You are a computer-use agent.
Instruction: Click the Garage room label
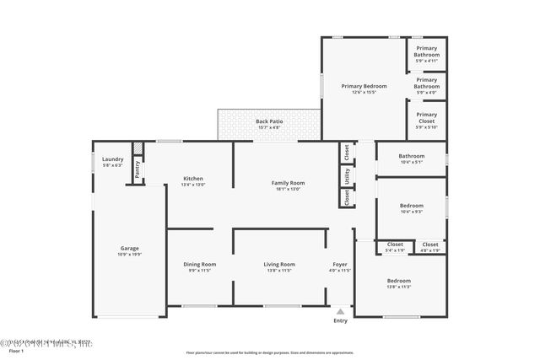[x=129, y=249]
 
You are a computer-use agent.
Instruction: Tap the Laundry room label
[x=113, y=159]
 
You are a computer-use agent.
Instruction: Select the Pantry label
[x=137, y=169]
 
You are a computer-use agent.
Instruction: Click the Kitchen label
[x=193, y=178]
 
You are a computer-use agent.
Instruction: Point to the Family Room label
[x=288, y=183]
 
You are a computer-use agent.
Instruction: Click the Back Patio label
[x=268, y=122]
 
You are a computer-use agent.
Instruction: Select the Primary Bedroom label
[x=364, y=86]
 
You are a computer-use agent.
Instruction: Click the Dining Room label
[x=200, y=265]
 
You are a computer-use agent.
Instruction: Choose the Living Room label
[x=279, y=265]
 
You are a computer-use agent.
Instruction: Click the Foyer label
[x=339, y=265]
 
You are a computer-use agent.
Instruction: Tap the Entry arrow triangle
[x=340, y=310]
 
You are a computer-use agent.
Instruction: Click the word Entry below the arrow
[x=340, y=320]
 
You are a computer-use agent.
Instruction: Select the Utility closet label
[x=346, y=175]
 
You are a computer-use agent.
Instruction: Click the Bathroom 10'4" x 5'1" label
[x=411, y=155]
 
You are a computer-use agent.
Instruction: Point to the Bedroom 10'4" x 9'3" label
[x=411, y=205]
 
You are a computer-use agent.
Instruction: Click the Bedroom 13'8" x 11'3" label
[x=398, y=280]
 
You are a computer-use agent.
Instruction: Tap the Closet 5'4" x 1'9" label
[x=395, y=244]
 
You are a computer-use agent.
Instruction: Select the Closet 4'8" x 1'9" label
[x=430, y=244]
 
